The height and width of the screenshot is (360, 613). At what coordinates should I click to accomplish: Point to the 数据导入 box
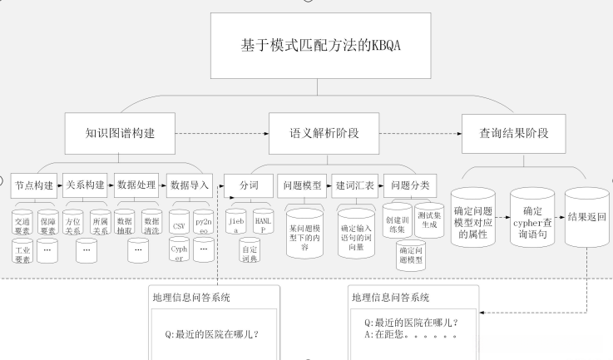pos(190,184)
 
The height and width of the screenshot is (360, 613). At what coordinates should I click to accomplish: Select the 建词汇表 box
pos(355,184)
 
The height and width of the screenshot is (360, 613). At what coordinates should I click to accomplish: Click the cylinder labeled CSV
pos(178,224)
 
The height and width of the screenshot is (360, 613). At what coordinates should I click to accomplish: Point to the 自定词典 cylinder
pos(250,249)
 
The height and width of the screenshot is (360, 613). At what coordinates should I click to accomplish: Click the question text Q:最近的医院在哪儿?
pos(212,337)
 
